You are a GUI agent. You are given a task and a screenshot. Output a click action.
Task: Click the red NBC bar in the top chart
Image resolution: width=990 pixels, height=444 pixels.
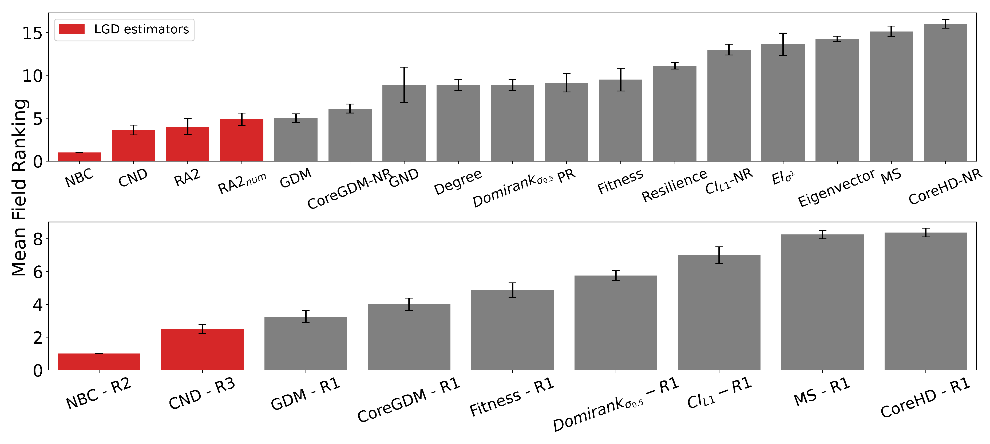(x=79, y=157)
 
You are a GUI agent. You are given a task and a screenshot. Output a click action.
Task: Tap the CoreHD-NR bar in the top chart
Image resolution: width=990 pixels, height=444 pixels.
(x=945, y=92)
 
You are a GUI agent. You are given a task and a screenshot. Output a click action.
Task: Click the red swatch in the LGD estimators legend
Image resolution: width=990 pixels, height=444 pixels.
(x=72, y=29)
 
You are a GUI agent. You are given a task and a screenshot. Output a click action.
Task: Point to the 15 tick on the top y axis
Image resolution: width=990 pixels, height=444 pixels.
(x=32, y=33)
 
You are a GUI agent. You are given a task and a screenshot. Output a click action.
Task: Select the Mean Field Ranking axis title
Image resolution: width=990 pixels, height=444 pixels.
(x=19, y=188)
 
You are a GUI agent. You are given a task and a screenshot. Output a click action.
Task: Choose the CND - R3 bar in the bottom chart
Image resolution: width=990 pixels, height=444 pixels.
(x=202, y=349)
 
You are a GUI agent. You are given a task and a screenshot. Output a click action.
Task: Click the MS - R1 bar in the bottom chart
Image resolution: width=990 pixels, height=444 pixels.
(x=822, y=302)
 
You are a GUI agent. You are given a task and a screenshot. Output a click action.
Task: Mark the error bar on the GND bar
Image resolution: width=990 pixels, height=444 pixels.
(x=404, y=85)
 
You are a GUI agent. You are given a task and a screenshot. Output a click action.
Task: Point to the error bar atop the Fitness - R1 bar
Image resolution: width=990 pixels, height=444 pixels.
(x=512, y=290)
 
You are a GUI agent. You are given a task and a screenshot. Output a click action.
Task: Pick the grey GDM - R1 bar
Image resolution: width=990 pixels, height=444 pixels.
(x=306, y=343)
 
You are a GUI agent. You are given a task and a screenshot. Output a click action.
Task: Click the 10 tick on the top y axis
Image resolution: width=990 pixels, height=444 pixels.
(x=32, y=76)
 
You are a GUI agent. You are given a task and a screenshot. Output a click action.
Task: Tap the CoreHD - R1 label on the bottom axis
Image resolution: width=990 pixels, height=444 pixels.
(x=925, y=398)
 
